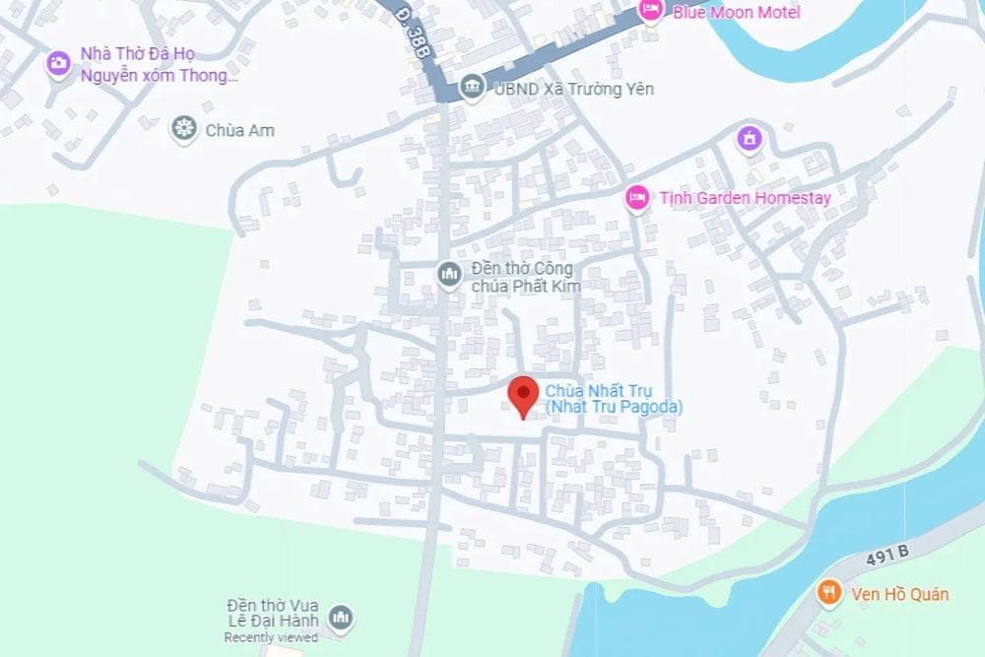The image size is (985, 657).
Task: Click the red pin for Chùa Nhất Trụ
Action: point(522,395)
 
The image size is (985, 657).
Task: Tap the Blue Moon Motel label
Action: point(736,12)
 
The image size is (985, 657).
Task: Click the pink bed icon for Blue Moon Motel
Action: point(650,10)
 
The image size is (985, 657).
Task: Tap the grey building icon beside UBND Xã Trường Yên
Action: point(472,89)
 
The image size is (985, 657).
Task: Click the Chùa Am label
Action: point(239,130)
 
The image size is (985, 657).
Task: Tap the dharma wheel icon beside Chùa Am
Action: point(182,128)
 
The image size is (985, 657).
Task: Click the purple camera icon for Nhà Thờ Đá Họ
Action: point(59,64)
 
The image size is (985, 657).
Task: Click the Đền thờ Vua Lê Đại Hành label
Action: point(272,612)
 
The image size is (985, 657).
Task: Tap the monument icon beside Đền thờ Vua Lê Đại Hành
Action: point(341,618)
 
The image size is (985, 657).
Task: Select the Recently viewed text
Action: point(270,637)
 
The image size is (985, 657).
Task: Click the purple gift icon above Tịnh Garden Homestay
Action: point(750,139)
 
